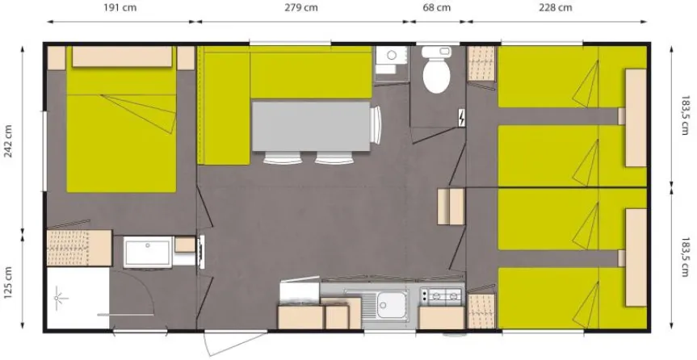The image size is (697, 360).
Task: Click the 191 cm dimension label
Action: coord(120,7)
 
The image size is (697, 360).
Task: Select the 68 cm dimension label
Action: coord(437,7)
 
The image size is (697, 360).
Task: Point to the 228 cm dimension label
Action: coord(556,7)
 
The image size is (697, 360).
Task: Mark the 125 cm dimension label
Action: coord(8,283)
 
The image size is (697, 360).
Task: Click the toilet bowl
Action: coord(436,70)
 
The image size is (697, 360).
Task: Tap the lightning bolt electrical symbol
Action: coord(462,118)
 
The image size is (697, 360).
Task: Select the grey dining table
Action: coord(311,126)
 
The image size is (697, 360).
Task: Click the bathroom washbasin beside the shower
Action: coord(148,253)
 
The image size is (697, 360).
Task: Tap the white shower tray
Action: coord(78,298)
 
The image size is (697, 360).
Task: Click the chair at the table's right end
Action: coord(376,125)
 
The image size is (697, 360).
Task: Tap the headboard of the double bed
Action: coord(122,57)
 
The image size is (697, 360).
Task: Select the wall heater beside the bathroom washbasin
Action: coord(201,252)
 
